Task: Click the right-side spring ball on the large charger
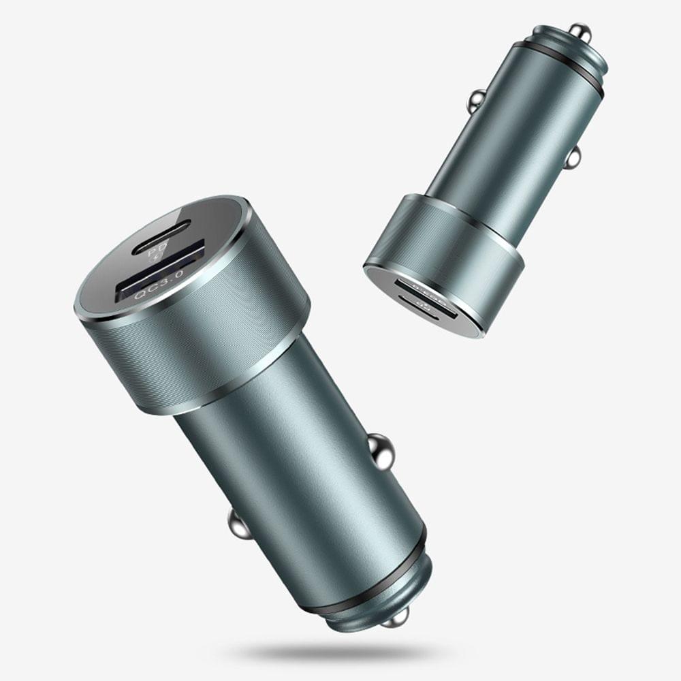381,452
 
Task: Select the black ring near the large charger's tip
368,579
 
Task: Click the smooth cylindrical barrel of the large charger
300,463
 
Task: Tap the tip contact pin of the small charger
580,31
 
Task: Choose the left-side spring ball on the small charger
477,101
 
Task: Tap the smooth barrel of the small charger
511,150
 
